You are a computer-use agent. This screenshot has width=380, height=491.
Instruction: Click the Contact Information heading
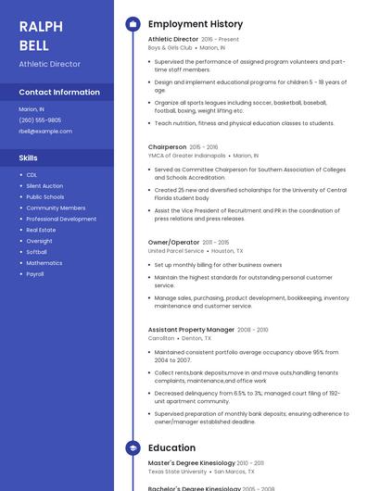tap(59, 93)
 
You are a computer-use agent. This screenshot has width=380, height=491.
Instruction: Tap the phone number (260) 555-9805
tap(40, 120)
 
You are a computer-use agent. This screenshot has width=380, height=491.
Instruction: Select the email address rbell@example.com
tap(45, 131)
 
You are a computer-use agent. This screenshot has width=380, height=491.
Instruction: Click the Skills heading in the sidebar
tap(28, 157)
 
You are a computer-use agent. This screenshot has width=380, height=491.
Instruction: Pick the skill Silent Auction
tap(45, 185)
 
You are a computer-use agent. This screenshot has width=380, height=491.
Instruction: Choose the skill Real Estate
tap(41, 230)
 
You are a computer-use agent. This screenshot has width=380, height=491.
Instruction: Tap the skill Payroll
tap(35, 274)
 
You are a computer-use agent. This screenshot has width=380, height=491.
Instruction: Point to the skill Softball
tap(36, 252)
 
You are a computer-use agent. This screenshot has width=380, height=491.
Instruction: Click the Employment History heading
tap(195, 24)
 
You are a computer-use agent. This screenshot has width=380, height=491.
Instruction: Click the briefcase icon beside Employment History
tap(133, 24)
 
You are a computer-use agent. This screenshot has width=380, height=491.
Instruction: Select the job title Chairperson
tap(167, 146)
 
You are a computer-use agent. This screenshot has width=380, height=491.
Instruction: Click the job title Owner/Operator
tap(173, 243)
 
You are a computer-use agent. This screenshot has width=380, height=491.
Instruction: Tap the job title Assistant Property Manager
tap(191, 329)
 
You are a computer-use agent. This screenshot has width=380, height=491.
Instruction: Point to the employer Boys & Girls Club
tap(170, 47)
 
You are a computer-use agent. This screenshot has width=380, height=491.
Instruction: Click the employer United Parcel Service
tap(175, 251)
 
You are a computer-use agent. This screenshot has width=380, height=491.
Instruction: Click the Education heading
tap(171, 447)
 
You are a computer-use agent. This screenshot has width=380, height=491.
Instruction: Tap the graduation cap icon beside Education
tap(133, 448)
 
